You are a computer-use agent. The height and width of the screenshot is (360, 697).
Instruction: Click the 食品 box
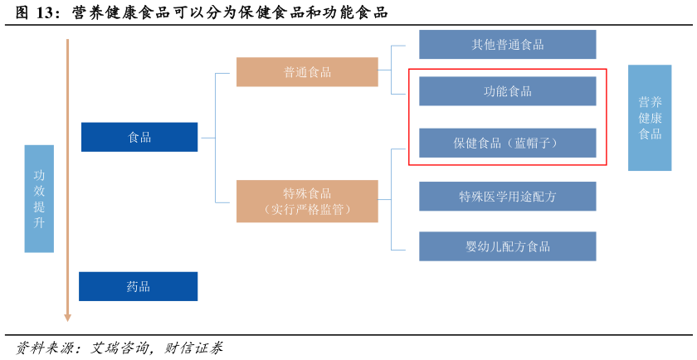tap(139, 137)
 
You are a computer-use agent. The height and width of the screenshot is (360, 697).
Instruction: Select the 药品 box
tap(139, 286)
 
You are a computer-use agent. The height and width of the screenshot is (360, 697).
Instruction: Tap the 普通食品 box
tap(307, 72)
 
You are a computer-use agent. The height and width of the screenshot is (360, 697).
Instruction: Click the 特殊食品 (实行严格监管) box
tap(307, 202)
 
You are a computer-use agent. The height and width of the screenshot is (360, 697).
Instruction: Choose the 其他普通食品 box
tap(508, 45)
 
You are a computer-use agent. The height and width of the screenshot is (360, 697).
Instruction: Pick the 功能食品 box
tap(508, 91)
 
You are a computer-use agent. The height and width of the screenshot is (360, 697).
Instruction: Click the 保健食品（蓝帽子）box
tap(508, 143)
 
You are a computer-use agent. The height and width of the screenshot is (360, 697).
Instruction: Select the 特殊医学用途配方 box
tap(508, 197)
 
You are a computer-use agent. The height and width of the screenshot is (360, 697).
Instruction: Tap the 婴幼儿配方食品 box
tap(508, 246)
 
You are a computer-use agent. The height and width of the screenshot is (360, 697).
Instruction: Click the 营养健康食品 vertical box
tap(650, 118)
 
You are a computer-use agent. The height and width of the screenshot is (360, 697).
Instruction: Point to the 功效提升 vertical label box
tap(39, 198)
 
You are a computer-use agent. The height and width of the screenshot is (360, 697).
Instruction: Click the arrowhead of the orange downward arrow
tap(68, 318)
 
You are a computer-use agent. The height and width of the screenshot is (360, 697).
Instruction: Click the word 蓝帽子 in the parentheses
tap(532, 143)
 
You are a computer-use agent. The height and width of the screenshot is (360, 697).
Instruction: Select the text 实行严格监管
tap(307, 210)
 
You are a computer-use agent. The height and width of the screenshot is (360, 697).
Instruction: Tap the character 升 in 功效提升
tap(39, 222)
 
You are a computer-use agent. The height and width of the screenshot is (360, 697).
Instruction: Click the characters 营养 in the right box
tap(650, 102)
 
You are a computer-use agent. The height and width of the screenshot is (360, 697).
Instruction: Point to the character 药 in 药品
tap(132, 286)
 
